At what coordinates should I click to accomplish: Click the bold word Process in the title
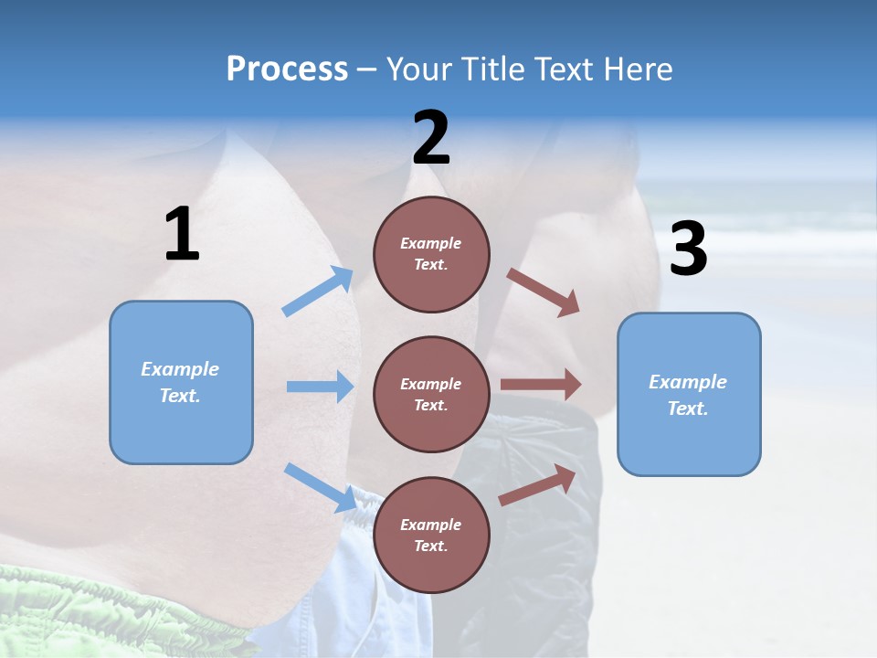click(x=287, y=69)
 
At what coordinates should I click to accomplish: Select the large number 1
click(x=182, y=234)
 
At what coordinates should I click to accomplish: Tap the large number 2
click(x=431, y=138)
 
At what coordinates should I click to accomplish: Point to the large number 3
click(x=689, y=249)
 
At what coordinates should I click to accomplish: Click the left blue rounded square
click(x=181, y=382)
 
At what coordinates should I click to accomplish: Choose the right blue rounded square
click(x=689, y=394)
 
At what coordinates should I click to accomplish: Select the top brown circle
click(x=431, y=253)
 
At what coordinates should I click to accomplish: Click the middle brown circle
click(x=431, y=394)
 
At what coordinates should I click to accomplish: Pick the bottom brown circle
click(x=431, y=535)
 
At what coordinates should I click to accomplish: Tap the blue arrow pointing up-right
click(x=319, y=292)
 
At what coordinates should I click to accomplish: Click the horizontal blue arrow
click(x=320, y=387)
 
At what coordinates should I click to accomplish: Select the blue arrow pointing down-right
click(x=320, y=487)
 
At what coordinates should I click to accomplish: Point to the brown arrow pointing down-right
click(x=543, y=292)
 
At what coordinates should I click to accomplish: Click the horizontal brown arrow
click(x=540, y=385)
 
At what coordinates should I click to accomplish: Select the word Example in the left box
click(x=180, y=369)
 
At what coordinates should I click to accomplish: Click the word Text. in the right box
click(x=688, y=409)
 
